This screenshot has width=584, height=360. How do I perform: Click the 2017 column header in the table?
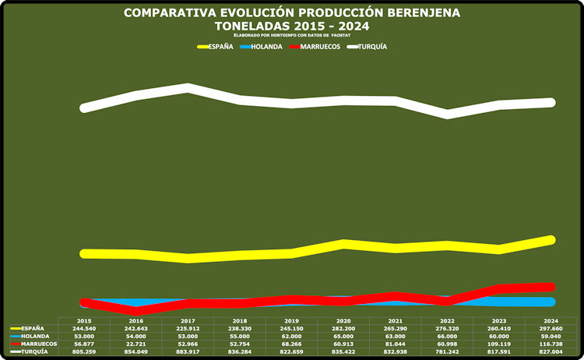tap(188, 321)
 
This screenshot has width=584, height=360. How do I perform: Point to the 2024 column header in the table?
tap(551, 321)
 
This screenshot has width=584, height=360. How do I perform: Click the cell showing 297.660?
tap(551, 328)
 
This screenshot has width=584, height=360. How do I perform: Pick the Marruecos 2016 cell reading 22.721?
tap(136, 344)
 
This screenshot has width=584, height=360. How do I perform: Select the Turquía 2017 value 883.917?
tap(188, 351)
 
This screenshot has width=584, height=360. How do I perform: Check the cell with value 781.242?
tap(447, 351)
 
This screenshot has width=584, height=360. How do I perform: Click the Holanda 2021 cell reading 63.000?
tap(396, 336)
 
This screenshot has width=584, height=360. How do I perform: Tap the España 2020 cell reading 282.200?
tap(343, 328)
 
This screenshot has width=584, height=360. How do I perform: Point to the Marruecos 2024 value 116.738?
tap(551, 344)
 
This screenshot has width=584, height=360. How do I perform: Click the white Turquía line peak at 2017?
tap(188, 87)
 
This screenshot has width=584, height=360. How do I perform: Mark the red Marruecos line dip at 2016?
tap(136, 310)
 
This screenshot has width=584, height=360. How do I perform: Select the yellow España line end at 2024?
tap(551, 239)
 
